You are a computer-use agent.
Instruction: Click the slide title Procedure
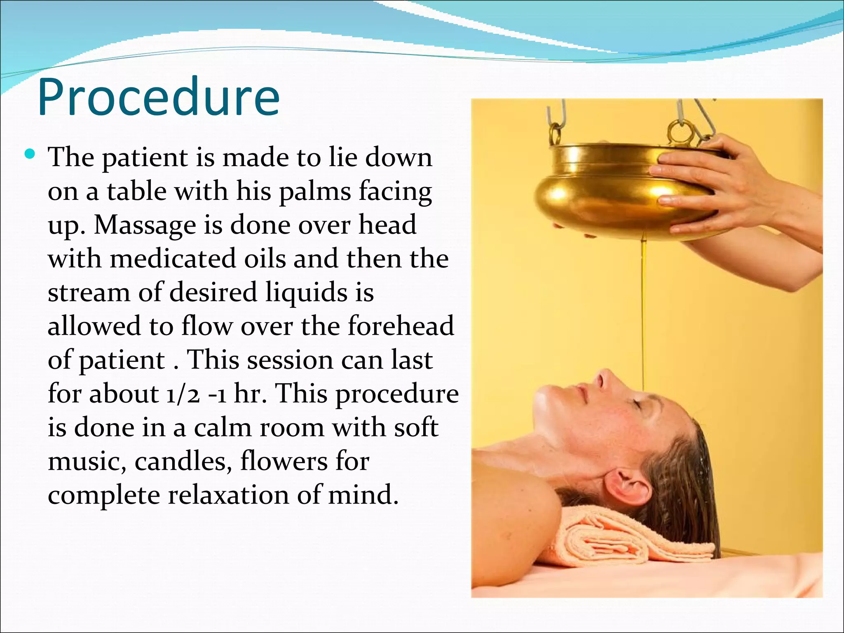click(x=159, y=97)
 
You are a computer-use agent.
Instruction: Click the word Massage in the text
click(x=145, y=225)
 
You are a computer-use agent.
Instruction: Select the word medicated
click(x=173, y=259)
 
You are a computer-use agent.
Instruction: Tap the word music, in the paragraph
click(x=87, y=461)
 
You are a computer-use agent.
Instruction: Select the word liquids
click(x=306, y=293)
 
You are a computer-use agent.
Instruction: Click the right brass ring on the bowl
click(x=678, y=132)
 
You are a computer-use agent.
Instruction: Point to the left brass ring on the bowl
click(x=555, y=134)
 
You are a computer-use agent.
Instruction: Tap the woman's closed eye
click(x=638, y=405)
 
